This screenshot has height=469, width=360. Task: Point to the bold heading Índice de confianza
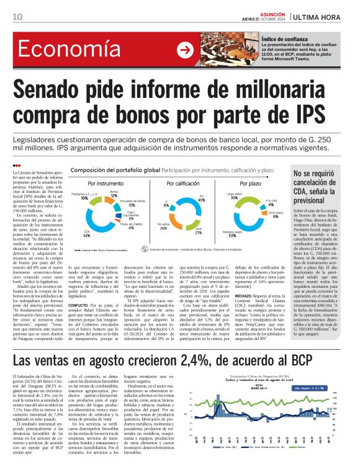click(284, 38)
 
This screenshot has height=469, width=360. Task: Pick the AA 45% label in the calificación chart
click(201, 200)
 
